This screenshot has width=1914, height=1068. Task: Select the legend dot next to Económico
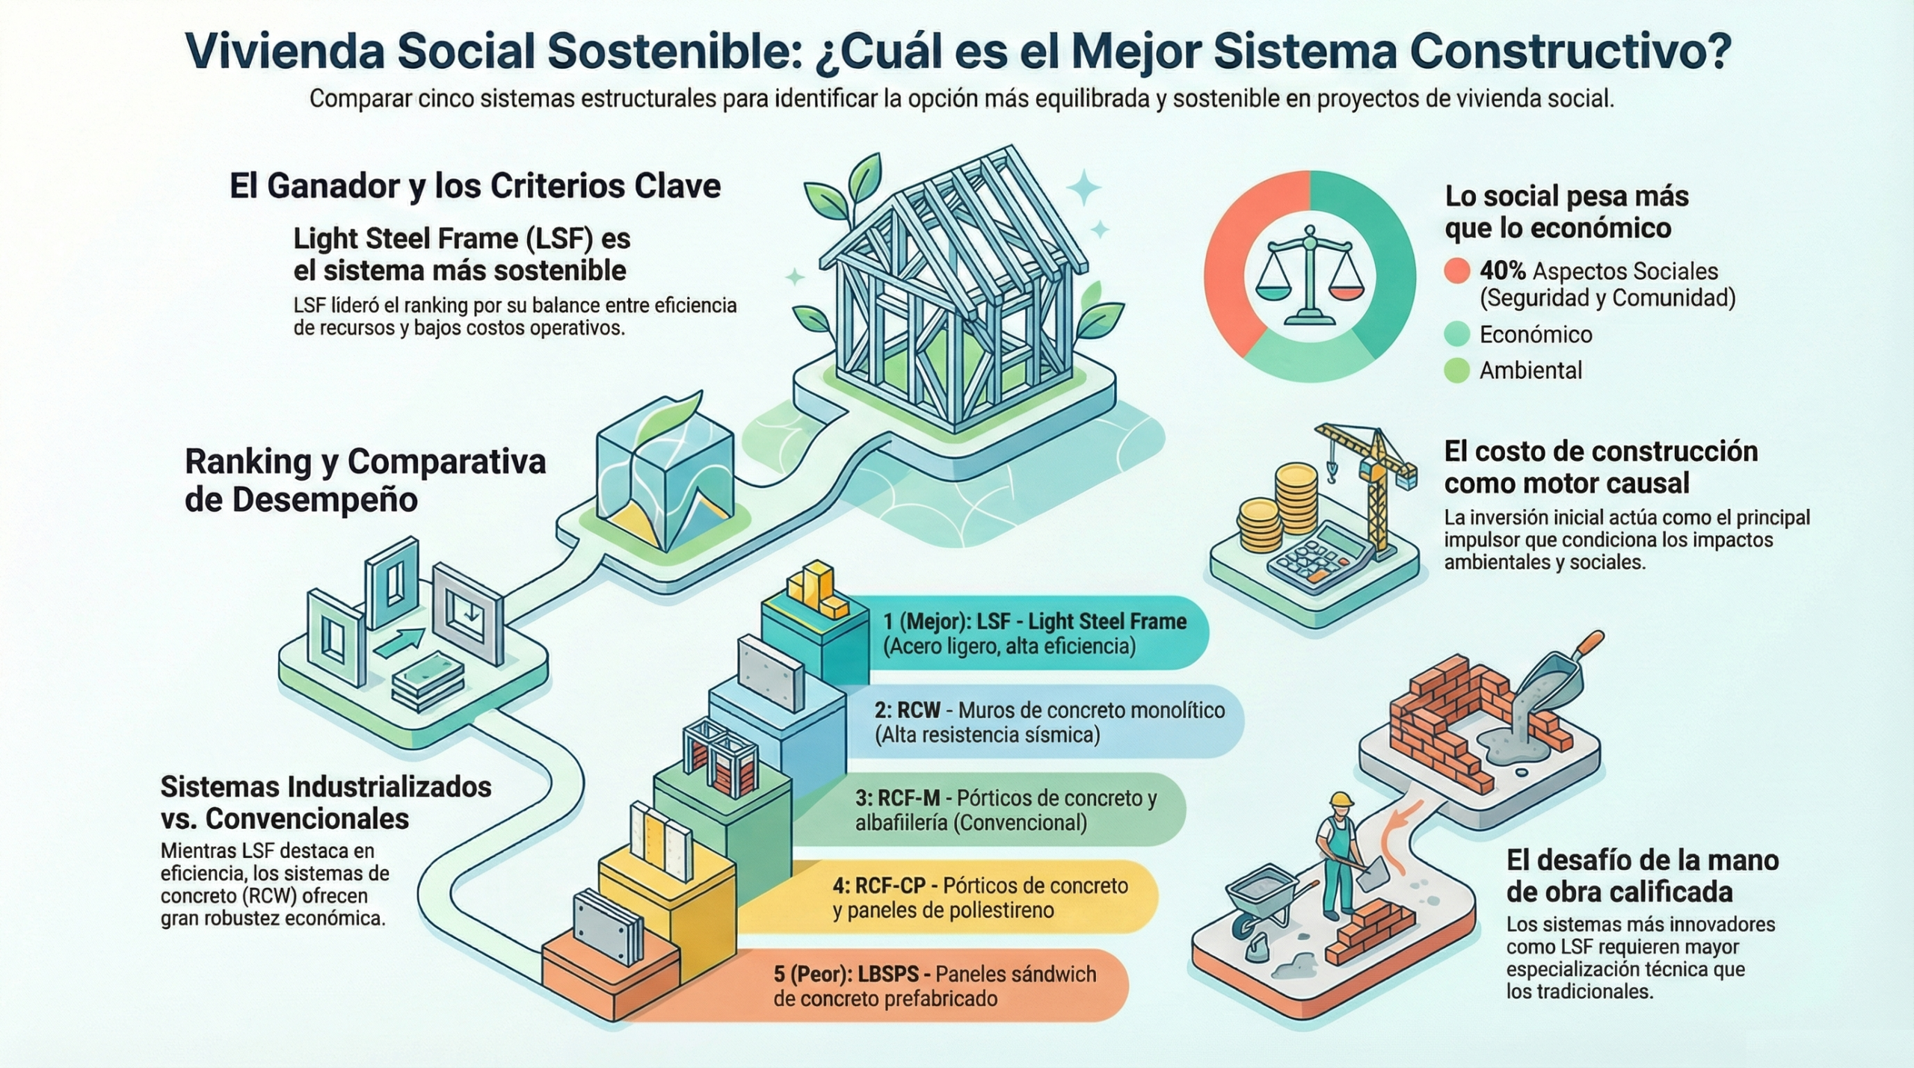[x=1456, y=334]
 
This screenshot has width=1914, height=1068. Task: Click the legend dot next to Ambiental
[x=1456, y=371]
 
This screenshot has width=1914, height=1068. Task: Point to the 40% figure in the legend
[x=1502, y=271]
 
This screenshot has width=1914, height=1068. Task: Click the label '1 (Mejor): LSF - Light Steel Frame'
[x=1035, y=622]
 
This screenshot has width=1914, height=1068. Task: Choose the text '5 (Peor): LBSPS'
[x=852, y=974]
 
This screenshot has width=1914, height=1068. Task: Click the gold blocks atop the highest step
[x=816, y=591]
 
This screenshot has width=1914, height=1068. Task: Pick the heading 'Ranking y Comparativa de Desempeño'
[x=365, y=481]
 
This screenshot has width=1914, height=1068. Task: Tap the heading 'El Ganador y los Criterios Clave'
[x=476, y=186]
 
